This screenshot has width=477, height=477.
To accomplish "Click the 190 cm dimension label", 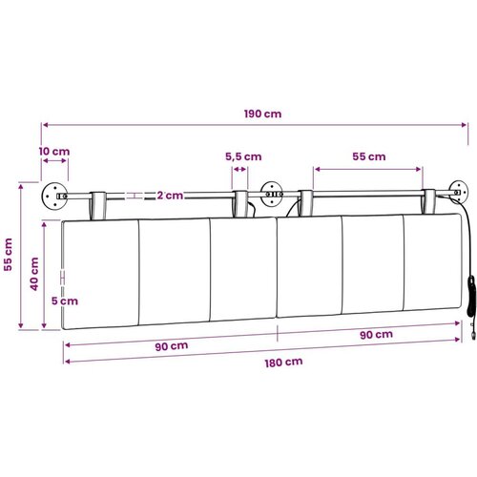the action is [262, 114].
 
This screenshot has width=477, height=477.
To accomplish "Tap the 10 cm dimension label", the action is [54, 152].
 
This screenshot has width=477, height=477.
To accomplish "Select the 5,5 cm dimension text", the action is [243, 156].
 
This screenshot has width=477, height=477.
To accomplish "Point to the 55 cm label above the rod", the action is [369, 156].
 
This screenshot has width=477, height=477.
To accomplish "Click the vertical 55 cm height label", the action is [8, 255].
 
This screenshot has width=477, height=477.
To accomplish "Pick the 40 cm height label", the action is [34, 274].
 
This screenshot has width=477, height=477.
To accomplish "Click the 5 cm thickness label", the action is [65, 301].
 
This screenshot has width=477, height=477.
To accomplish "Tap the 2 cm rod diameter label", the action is [170, 196].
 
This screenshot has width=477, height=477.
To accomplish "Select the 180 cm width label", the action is [283, 363].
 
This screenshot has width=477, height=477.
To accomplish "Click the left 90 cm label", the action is [172, 346].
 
